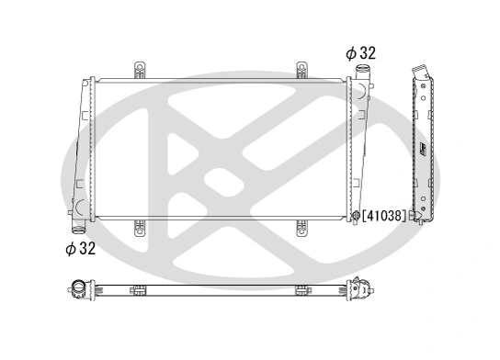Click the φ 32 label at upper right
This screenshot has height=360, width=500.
pyautogui.click(x=361, y=53)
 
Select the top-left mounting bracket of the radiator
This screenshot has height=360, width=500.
pyautogui.click(x=140, y=71)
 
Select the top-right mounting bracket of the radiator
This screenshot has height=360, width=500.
pyautogui.click(x=301, y=71)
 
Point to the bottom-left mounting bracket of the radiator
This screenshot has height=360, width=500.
pyautogui.click(x=140, y=226)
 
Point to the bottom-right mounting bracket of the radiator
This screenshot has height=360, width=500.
pyautogui.click(x=301, y=226)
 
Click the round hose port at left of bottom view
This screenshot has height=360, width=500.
pyautogui.click(x=79, y=292)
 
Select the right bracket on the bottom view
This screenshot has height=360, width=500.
pyautogui.click(x=301, y=291)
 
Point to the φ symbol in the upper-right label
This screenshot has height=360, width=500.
pyautogui.click(x=350, y=53)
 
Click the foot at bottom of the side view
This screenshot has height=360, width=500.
pyautogui.click(x=422, y=221)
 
